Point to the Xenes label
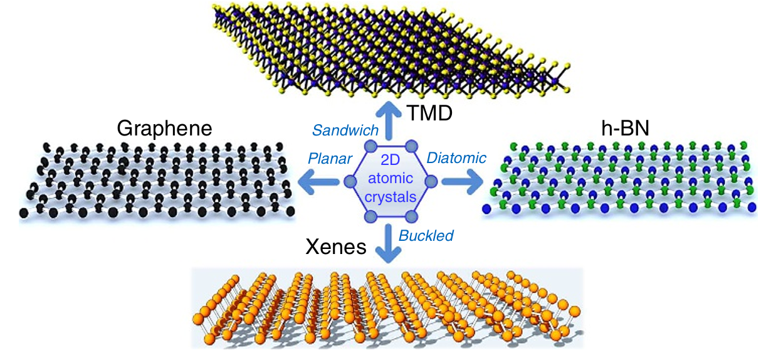[x=335, y=246]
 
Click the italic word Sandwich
[x=345, y=130]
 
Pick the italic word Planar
[x=330, y=159]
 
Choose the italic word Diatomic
[x=456, y=158]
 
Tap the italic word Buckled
[x=426, y=236]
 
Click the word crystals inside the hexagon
[x=391, y=197]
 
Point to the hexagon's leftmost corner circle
[x=350, y=181]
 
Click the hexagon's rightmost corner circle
[x=432, y=181]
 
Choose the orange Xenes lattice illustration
[x=389, y=307]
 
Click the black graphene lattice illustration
[x=157, y=182]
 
